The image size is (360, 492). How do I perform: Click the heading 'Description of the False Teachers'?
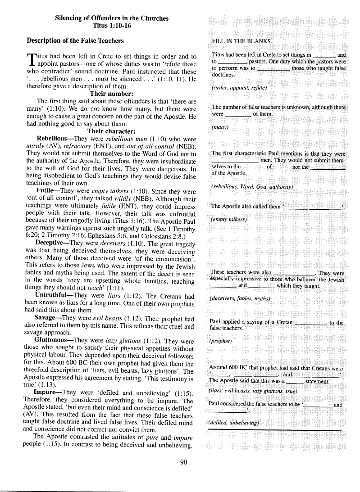[x=75, y=41]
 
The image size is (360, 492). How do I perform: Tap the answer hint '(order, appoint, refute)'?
[x=239, y=87]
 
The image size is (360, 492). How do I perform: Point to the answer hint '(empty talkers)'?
[x=229, y=219]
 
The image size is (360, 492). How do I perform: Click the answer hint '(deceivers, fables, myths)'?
[x=241, y=299]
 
